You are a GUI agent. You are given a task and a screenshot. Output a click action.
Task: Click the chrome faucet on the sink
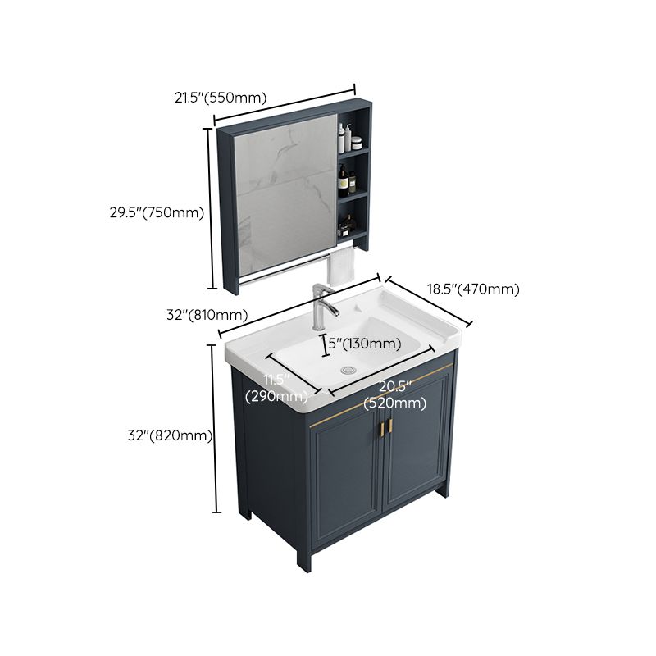coord(325,305)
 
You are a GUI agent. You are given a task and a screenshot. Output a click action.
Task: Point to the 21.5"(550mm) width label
coord(220,98)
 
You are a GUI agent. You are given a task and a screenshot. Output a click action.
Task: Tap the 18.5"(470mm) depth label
coord(472,289)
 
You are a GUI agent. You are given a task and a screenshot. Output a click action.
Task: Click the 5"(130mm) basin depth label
coord(364,344)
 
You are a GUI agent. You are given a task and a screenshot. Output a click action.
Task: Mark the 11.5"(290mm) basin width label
coord(275,388)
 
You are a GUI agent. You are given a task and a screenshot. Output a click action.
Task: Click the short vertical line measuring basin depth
coord(322,345)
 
